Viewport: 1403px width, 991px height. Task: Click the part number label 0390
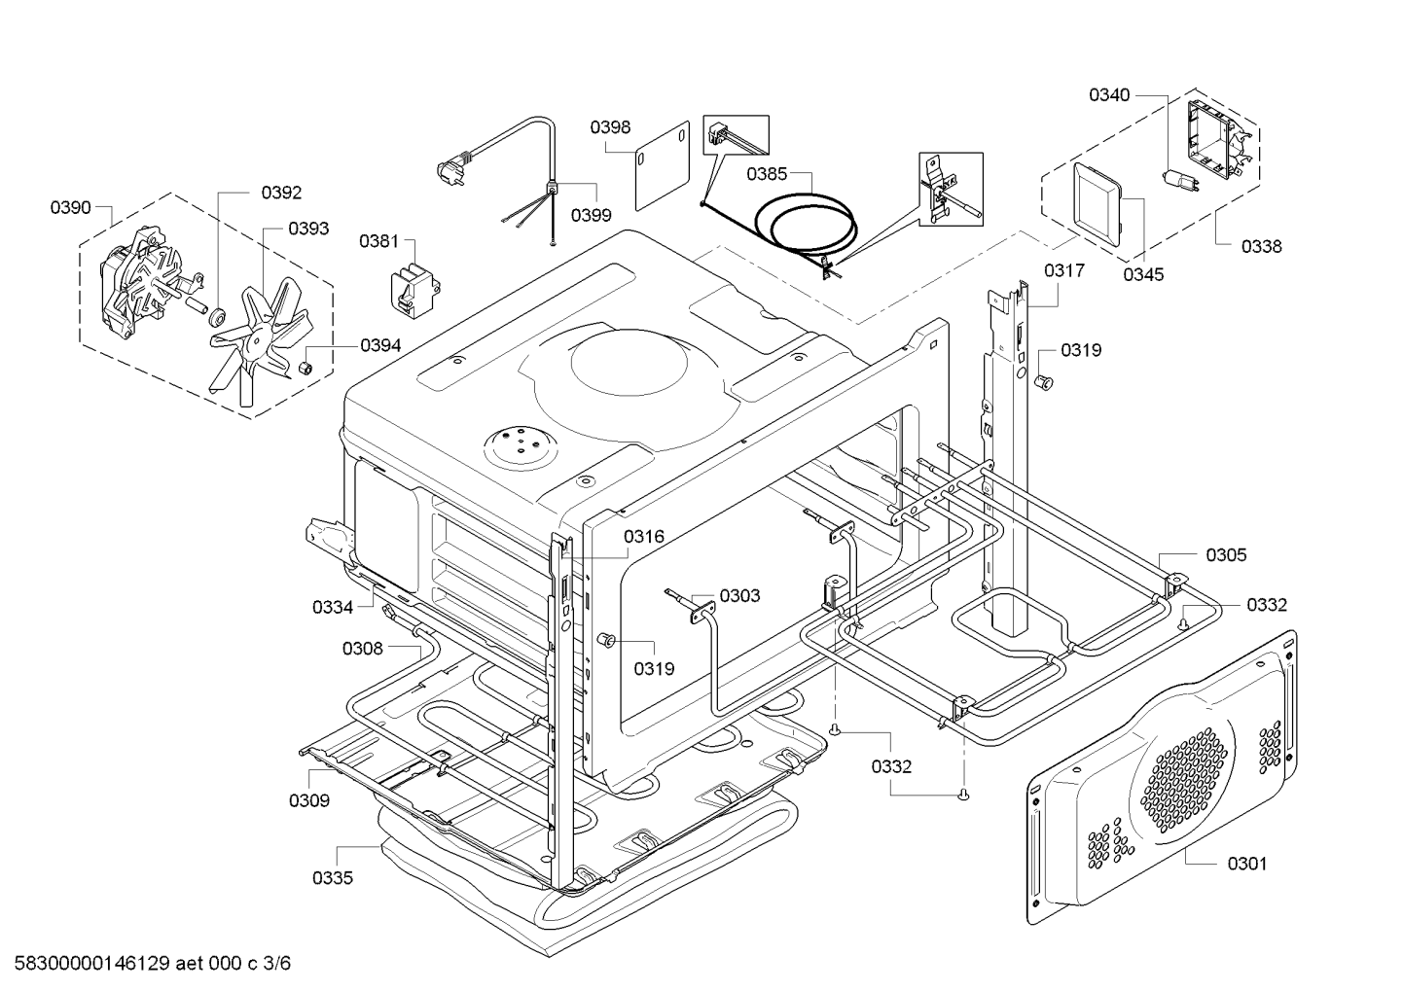click(70, 207)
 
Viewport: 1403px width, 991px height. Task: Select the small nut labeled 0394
click(306, 367)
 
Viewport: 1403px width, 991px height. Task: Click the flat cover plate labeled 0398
click(662, 165)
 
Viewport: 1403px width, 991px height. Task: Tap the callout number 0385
click(767, 173)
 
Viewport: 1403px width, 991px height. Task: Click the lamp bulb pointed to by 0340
click(1180, 182)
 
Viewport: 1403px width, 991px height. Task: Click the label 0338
click(1262, 247)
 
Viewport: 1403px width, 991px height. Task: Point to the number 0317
click(1064, 270)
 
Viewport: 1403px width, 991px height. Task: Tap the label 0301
click(1247, 864)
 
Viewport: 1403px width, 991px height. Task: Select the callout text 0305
click(1226, 555)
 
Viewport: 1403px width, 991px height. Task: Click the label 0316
click(644, 537)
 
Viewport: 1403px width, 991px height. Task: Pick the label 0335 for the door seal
click(333, 878)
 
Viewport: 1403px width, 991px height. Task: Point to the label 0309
click(309, 800)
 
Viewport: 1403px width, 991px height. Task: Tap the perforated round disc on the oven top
click(520, 447)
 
